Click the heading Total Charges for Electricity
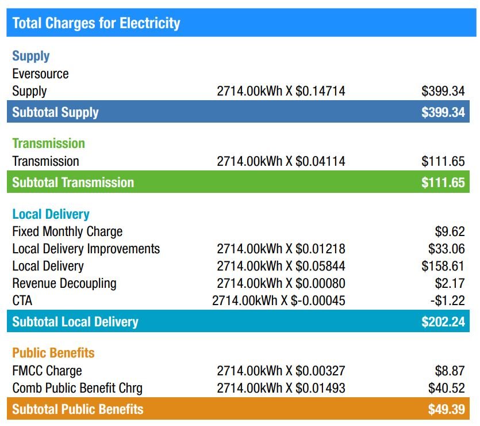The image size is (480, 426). tap(96, 23)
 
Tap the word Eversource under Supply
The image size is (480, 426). tap(40, 74)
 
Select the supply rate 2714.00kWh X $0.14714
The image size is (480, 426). tap(281, 91)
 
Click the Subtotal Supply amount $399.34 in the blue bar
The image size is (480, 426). tap(443, 112)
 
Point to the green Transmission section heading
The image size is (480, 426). tap(48, 143)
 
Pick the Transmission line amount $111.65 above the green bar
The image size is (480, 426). tap(443, 161)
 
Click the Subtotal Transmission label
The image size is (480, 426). tap(73, 182)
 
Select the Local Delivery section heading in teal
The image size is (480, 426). tap(51, 214)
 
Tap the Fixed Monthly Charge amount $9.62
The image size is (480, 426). tap(450, 231)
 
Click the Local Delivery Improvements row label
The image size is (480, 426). tap(86, 249)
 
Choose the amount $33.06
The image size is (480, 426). tap(446, 249)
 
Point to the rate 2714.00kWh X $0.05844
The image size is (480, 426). tap(281, 266)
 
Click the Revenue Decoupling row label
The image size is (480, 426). tap(64, 283)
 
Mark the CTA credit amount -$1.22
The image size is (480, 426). tap(447, 301)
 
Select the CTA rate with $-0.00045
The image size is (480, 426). tap(278, 301)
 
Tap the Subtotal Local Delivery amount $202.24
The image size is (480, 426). tap(443, 321)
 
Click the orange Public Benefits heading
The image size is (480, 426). tap(53, 353)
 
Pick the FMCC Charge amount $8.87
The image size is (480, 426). tap(450, 371)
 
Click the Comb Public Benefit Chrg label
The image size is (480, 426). tap(77, 388)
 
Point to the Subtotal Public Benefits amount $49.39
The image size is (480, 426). tap(446, 409)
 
